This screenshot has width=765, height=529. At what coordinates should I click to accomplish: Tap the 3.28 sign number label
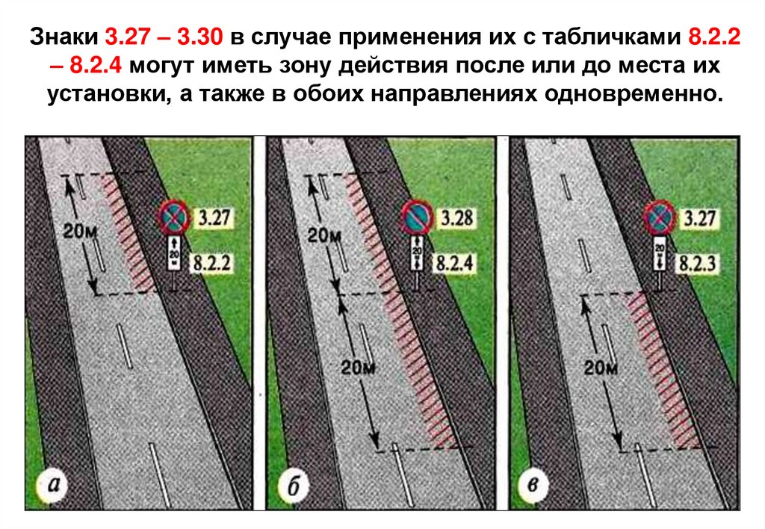(454, 220)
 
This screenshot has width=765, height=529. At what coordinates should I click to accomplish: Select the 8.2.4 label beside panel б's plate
(453, 263)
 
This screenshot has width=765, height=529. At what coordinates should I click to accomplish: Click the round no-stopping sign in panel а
(173, 217)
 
